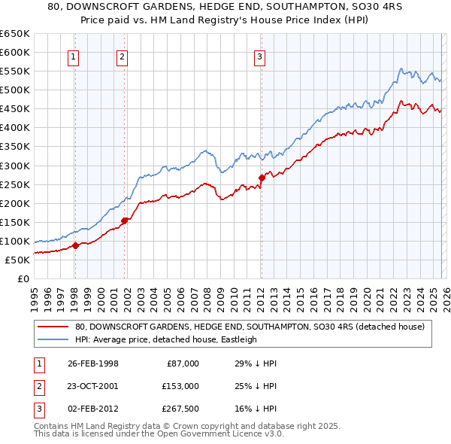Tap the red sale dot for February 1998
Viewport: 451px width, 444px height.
[76, 245]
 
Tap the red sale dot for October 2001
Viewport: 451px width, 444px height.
[124, 220]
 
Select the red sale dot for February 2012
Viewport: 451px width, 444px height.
[262, 178]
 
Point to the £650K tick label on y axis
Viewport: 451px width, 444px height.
[15, 34]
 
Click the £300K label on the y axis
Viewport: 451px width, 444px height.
[15, 166]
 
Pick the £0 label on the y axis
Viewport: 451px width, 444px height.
[22, 278]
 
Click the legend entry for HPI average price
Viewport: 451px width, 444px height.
[165, 339]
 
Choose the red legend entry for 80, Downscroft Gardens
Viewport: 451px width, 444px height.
[250, 327]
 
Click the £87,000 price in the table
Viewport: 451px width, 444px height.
[183, 363]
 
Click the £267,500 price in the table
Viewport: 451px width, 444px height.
[180, 409]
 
